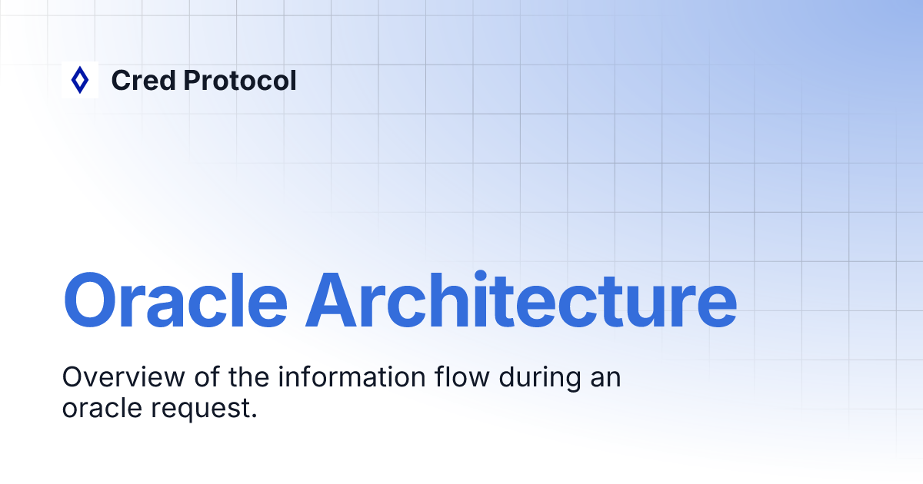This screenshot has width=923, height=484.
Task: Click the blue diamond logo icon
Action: click(79, 80)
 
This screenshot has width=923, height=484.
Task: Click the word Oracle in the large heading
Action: click(174, 299)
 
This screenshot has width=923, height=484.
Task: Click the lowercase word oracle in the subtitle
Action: click(98, 408)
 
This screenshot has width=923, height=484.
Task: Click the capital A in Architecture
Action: click(335, 299)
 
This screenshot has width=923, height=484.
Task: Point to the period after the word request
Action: click(252, 415)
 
